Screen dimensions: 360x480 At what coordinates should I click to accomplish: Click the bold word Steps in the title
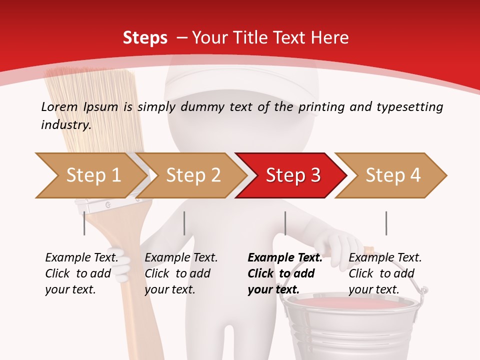click(145, 37)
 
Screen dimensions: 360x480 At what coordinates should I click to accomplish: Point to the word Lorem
click(59, 106)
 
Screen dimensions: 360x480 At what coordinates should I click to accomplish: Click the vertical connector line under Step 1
click(84, 223)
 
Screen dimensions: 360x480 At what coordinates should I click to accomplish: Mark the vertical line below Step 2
click(184, 223)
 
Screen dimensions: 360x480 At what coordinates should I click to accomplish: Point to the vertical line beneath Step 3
click(285, 223)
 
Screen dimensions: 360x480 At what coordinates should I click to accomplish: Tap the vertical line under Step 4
click(386, 223)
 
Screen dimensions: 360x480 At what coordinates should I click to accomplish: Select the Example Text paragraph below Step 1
click(81, 273)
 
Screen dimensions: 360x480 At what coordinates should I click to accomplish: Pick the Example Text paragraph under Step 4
click(385, 273)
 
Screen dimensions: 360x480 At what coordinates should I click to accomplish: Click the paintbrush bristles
click(90, 110)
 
